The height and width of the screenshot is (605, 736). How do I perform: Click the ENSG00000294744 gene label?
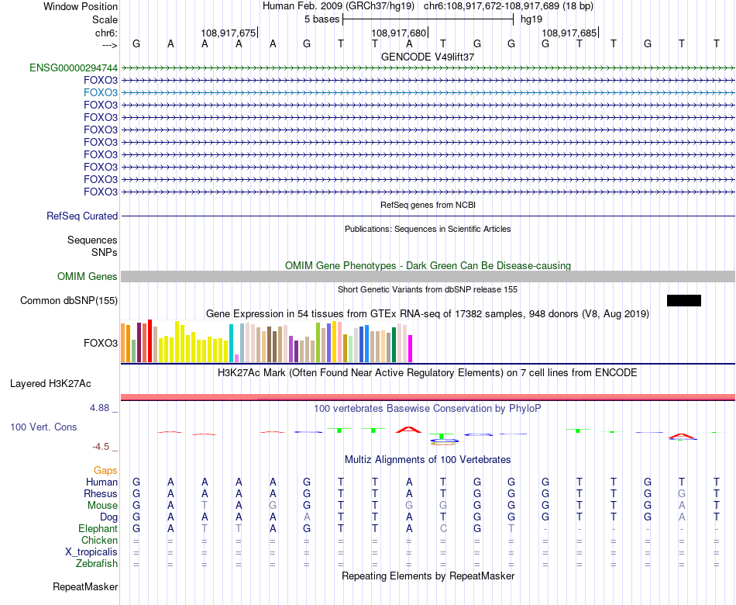74,67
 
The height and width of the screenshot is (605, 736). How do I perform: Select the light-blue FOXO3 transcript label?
101,92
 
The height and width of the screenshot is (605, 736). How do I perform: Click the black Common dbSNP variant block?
683,300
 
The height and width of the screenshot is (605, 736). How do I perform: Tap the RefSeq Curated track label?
82,216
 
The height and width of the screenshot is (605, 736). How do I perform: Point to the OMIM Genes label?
88,277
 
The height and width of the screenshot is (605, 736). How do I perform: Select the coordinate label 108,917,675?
228,33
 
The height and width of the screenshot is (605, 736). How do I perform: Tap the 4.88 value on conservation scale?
105,407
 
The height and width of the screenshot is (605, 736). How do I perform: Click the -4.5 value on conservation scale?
105,446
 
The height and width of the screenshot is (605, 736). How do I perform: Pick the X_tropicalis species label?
91,552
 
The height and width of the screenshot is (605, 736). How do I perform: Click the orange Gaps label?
105,471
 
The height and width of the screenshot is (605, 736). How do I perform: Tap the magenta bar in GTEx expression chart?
411,348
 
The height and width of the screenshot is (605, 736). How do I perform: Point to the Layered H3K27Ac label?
50,383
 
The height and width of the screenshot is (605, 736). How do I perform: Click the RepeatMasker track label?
85,587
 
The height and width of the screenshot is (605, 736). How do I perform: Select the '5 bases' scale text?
322,19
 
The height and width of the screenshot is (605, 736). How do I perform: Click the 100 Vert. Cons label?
43,427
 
